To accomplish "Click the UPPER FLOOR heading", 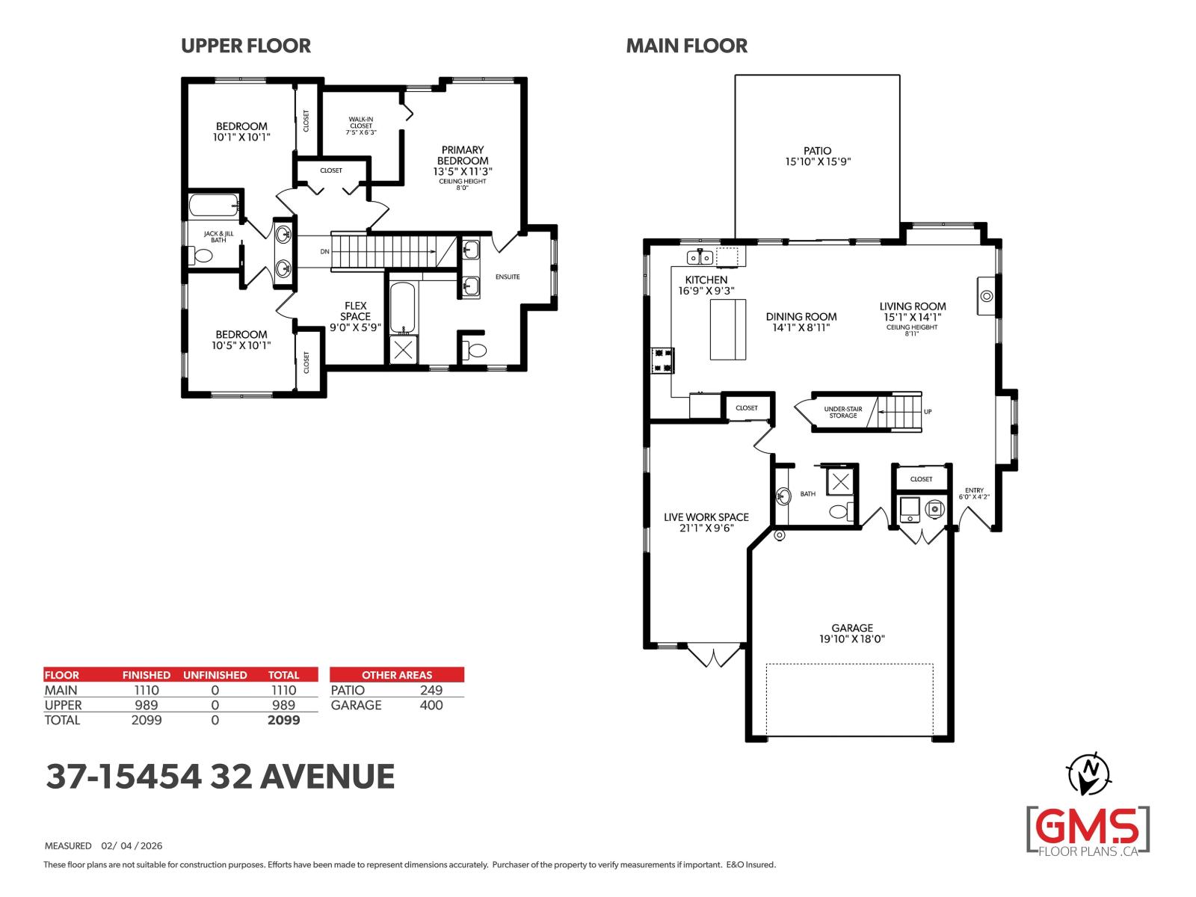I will (x=245, y=46).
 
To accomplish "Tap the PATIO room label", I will (x=818, y=155).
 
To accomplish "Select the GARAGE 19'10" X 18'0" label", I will (x=851, y=633).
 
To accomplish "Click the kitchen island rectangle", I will (x=727, y=329).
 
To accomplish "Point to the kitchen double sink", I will (x=700, y=258).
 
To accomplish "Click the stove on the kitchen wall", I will (x=662, y=360).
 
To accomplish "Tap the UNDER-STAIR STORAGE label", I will (x=842, y=412).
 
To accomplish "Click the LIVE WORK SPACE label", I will (x=706, y=522).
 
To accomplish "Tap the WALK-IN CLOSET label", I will (x=360, y=126).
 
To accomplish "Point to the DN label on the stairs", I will (x=324, y=252).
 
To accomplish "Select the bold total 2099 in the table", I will (x=283, y=720).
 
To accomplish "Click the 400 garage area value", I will (x=431, y=705).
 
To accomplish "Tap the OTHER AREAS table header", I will (x=396, y=674).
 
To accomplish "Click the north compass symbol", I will (x=1090, y=774).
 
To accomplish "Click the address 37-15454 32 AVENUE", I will (x=220, y=777).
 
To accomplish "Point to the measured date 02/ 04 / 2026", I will (x=132, y=846).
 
